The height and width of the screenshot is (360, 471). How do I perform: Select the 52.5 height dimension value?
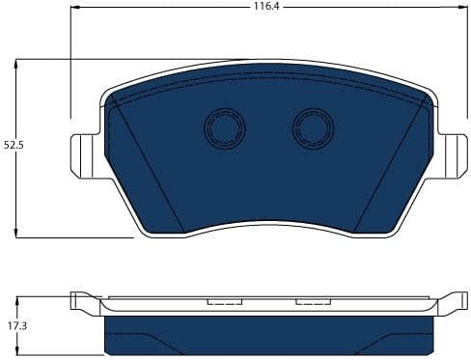pyautogui.click(x=12, y=145)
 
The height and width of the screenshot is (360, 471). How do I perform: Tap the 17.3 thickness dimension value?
pyautogui.click(x=12, y=327)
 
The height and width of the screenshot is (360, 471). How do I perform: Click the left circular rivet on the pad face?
pyautogui.click(x=224, y=125)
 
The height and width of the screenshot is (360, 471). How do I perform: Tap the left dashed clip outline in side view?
pyautogui.click(x=224, y=302)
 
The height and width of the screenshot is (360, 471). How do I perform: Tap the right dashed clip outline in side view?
pyautogui.click(x=313, y=302)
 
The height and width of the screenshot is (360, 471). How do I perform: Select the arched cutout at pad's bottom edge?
pyautogui.click(x=267, y=226)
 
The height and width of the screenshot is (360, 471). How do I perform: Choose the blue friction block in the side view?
pyautogui.click(x=267, y=333)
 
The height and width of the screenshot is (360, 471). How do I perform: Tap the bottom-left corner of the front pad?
pyautogui.click(x=143, y=234)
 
